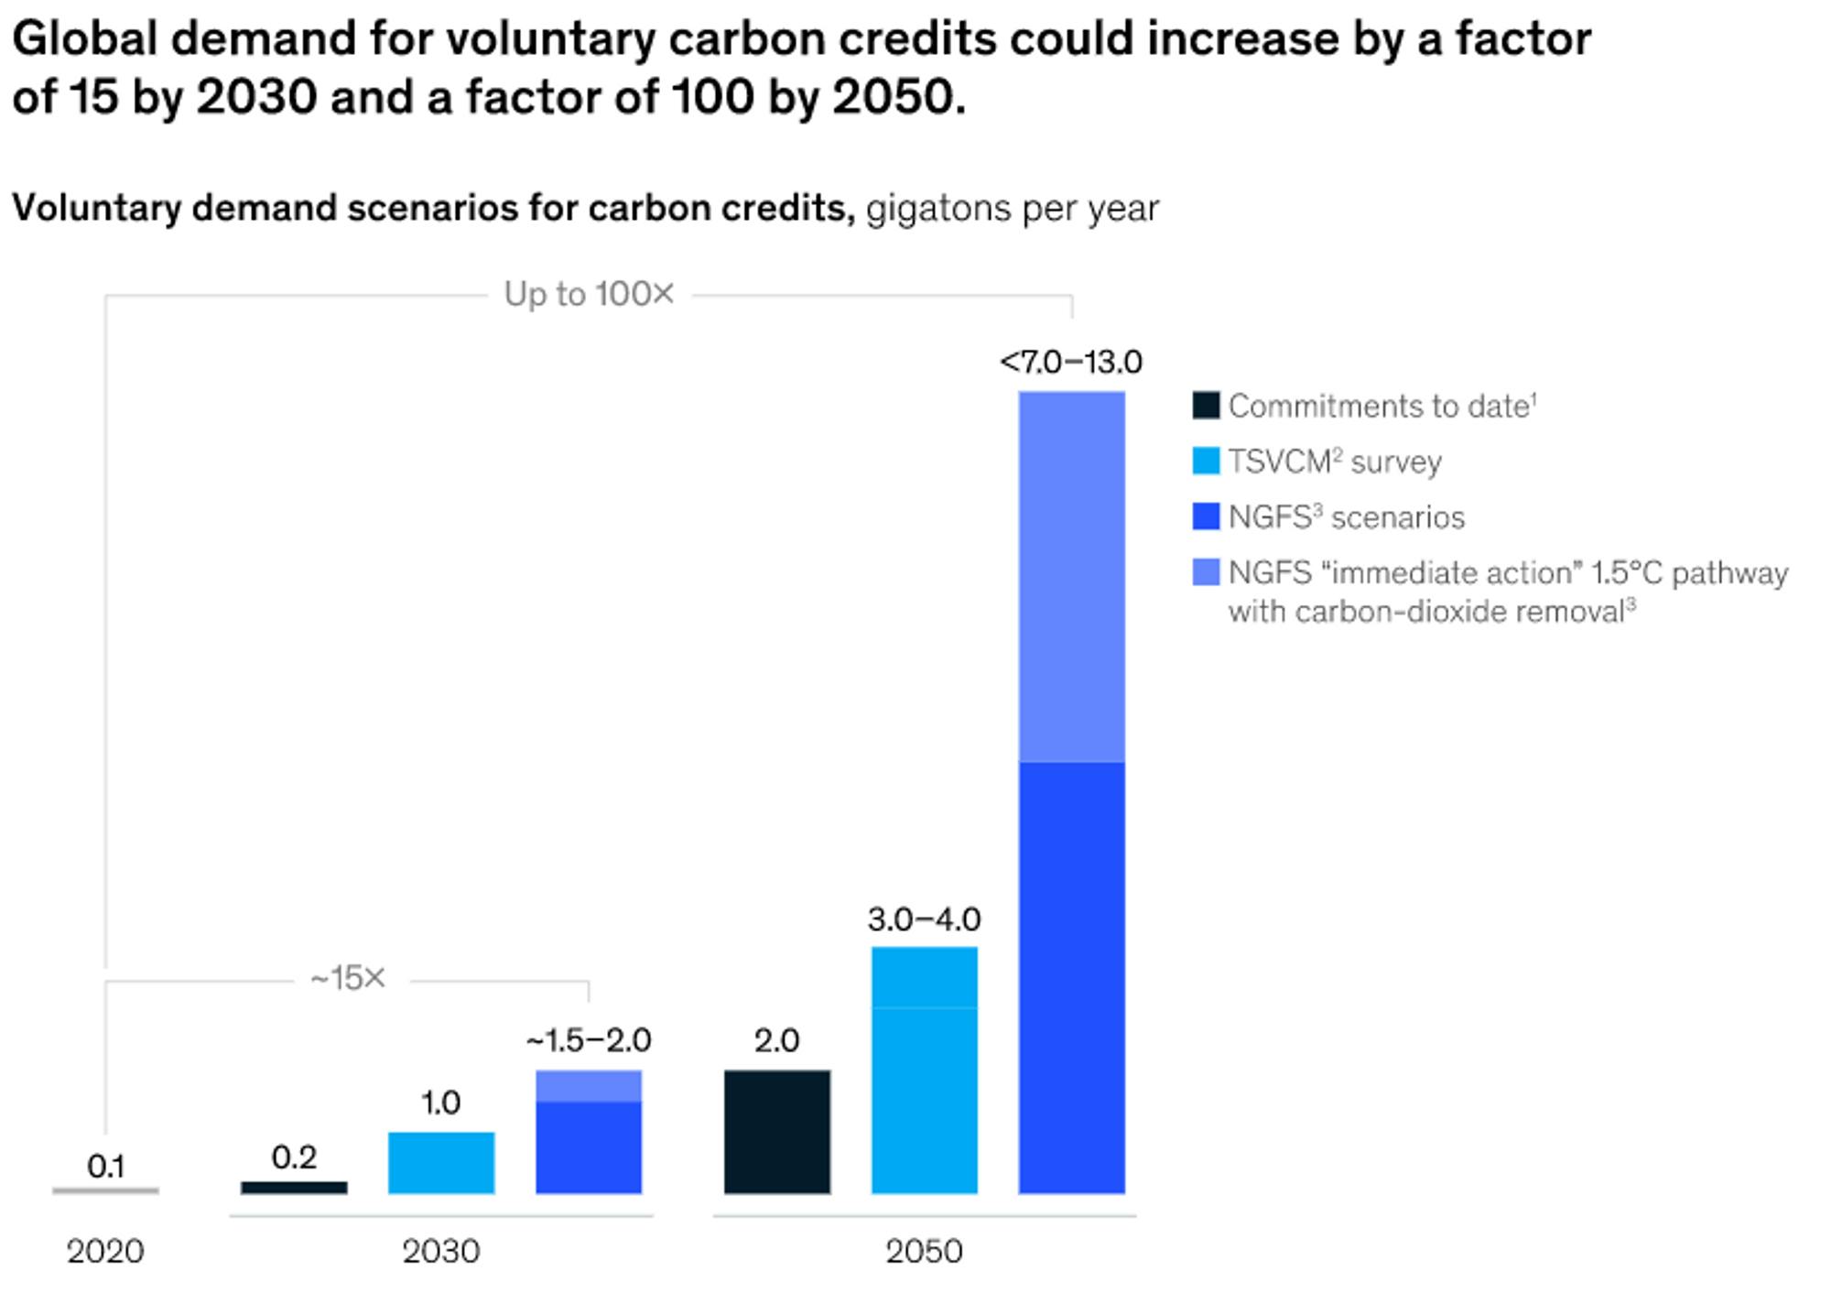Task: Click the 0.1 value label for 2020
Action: (x=106, y=1166)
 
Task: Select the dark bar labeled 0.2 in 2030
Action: (x=294, y=1188)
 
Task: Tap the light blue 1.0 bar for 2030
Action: (x=441, y=1163)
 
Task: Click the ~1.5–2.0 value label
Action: (x=589, y=1040)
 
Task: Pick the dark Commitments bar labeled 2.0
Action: (x=777, y=1132)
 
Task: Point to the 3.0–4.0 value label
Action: (x=924, y=918)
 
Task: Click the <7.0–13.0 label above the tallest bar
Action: (x=1071, y=363)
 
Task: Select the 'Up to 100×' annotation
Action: (x=590, y=294)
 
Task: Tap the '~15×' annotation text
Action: (x=348, y=978)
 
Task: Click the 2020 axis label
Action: (x=105, y=1251)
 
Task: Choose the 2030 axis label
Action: (x=441, y=1251)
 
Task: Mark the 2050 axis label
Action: (x=924, y=1251)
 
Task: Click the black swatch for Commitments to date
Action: (x=1206, y=406)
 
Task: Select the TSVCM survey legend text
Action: (x=1335, y=462)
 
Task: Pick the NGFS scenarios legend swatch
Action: (x=1206, y=516)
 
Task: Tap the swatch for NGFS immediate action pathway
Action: (x=1206, y=572)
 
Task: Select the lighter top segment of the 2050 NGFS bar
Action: (x=1071, y=577)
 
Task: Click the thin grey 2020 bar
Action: (x=106, y=1190)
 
